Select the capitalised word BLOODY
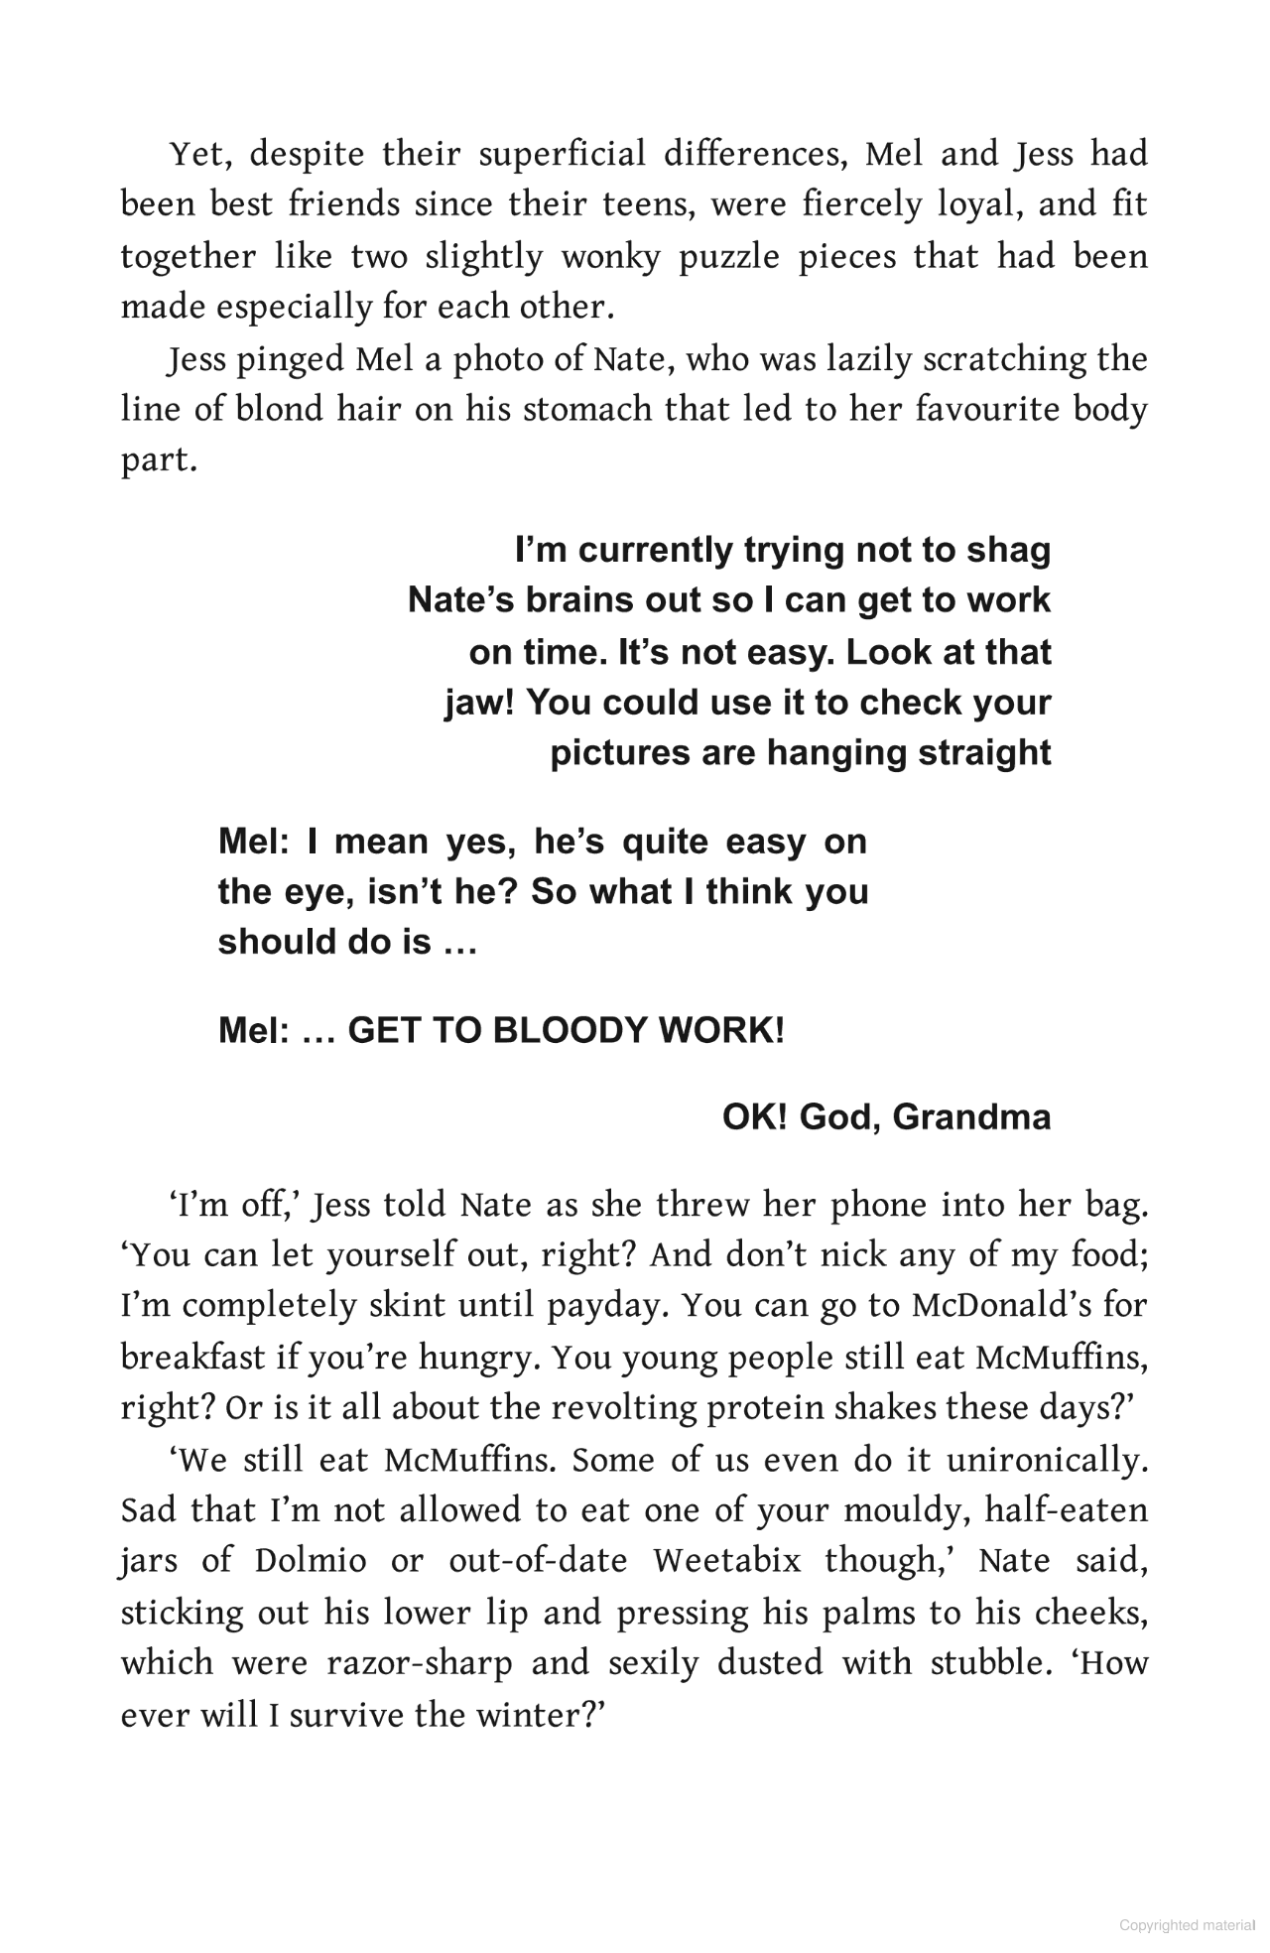[x=572, y=1031]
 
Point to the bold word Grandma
[x=971, y=1117]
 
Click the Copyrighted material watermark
[x=1187, y=1926]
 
